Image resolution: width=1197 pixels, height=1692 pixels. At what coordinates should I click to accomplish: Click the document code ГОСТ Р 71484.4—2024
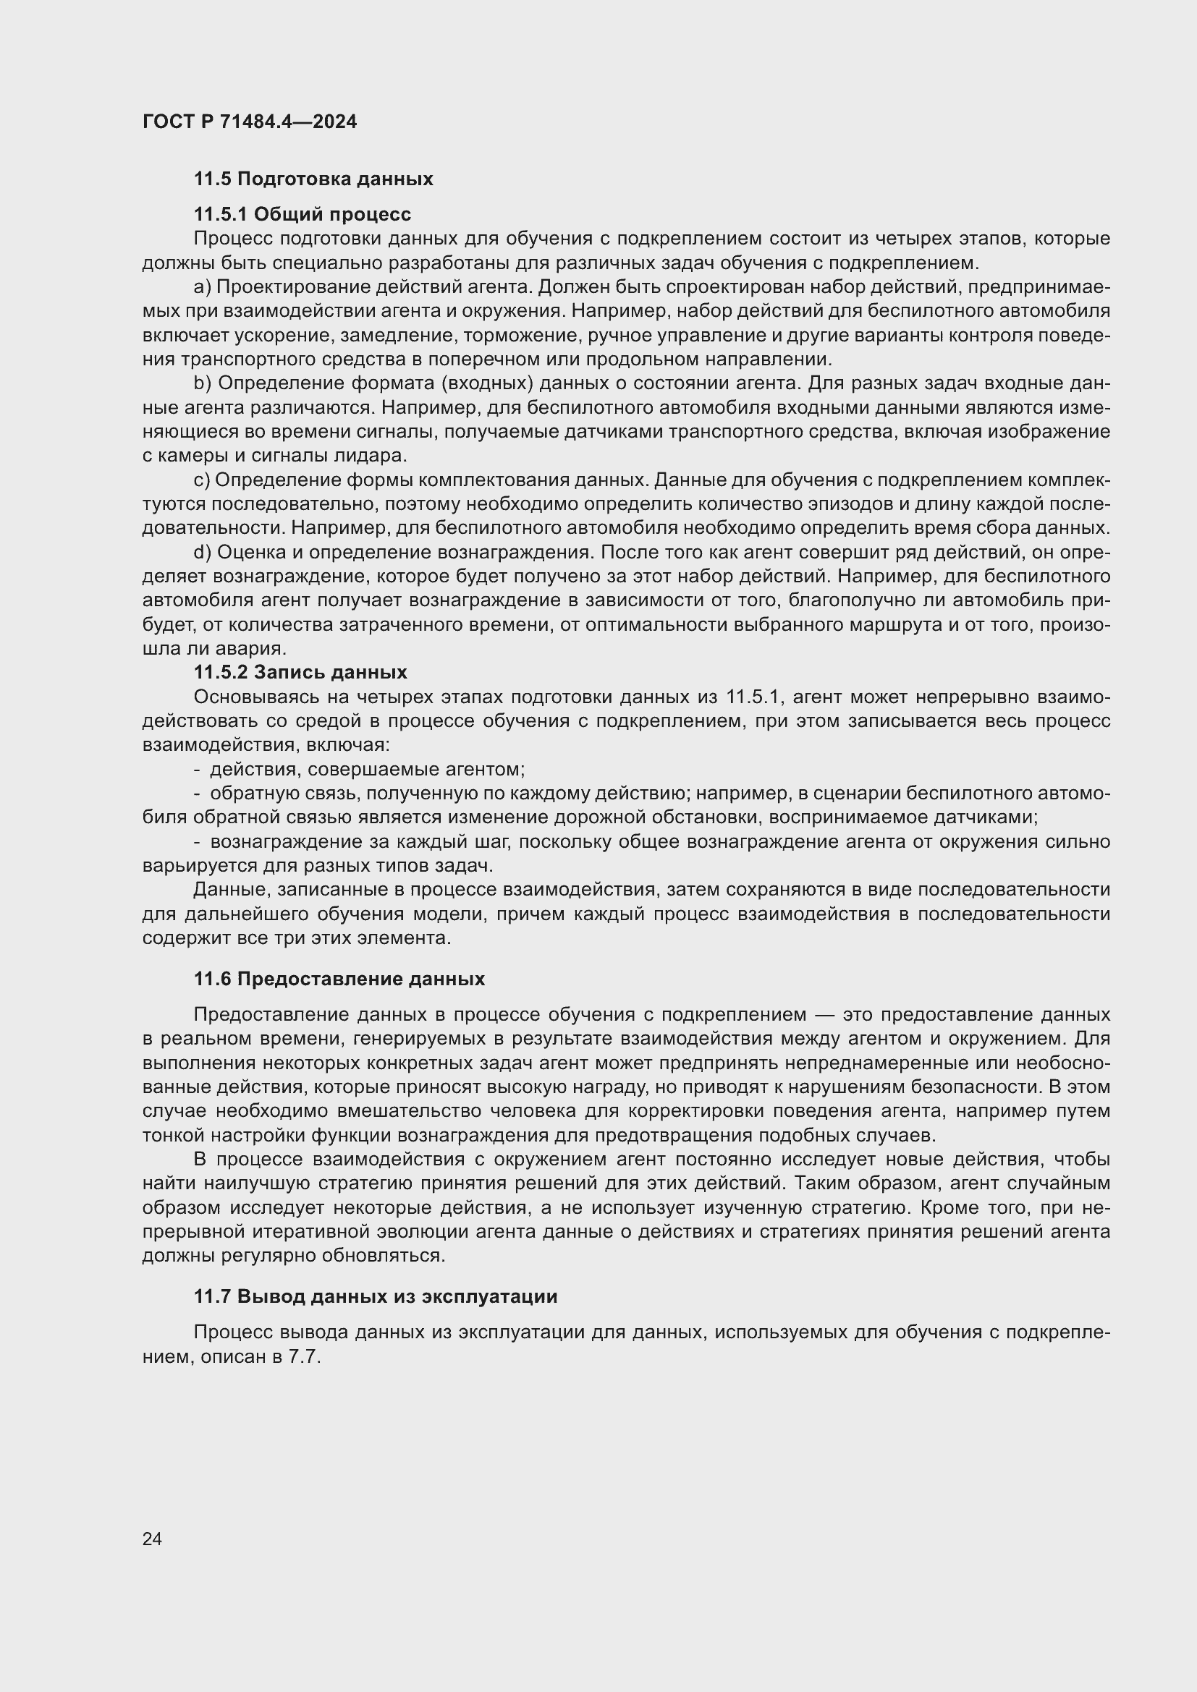tap(249, 122)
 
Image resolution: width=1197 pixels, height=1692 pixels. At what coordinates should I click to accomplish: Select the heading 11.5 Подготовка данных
tap(313, 179)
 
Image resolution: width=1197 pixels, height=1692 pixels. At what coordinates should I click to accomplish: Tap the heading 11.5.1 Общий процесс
tap(303, 214)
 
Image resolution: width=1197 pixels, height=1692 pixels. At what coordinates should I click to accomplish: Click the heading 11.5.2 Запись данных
tap(300, 672)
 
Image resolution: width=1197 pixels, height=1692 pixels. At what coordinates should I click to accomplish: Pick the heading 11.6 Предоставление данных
tap(339, 979)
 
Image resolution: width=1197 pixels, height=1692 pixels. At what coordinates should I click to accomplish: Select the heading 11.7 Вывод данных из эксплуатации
tap(375, 1296)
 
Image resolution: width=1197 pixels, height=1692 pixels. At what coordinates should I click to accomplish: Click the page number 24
tap(152, 1539)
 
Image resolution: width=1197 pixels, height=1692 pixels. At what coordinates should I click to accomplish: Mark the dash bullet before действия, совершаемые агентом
tap(198, 770)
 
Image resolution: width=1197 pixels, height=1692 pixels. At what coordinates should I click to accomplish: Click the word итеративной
tap(309, 1232)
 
